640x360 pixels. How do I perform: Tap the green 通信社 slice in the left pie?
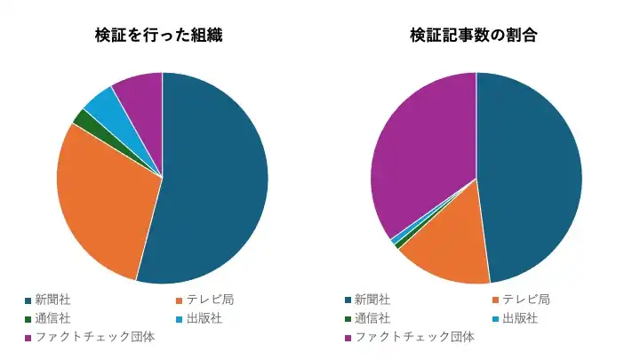point(83,118)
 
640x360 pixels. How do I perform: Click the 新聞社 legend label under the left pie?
point(52,300)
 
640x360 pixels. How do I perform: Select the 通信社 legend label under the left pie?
point(52,318)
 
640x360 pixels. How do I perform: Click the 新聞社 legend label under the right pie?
point(372,300)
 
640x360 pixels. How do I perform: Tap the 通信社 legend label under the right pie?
point(372,318)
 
